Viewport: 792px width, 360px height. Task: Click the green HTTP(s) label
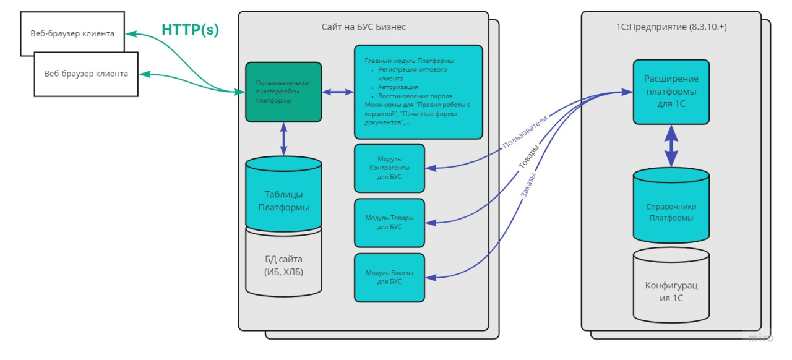click(190, 30)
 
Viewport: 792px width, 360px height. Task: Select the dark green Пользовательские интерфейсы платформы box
click(283, 92)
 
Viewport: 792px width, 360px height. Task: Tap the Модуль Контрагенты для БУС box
click(389, 168)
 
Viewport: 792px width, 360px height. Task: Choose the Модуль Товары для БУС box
click(389, 223)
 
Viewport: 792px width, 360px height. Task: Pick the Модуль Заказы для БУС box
click(389, 278)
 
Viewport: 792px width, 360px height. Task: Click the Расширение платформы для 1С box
click(671, 92)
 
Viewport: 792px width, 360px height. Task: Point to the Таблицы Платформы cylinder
click(283, 194)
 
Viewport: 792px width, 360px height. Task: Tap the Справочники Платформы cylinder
click(671, 205)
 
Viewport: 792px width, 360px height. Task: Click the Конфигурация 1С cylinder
click(671, 285)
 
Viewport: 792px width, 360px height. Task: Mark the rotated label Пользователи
click(525, 132)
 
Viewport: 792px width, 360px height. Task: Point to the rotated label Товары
click(528, 156)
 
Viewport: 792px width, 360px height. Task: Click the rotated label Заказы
click(528, 185)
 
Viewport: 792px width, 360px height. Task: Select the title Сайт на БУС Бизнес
click(363, 27)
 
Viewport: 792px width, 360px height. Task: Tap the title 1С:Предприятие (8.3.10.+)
click(671, 27)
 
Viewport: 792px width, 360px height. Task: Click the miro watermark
click(761, 338)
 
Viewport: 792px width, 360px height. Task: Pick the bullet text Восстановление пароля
click(415, 96)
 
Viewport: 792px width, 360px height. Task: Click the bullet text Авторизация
click(398, 87)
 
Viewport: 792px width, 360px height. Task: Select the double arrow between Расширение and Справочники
click(671, 146)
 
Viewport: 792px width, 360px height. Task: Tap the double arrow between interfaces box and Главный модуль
click(338, 92)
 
